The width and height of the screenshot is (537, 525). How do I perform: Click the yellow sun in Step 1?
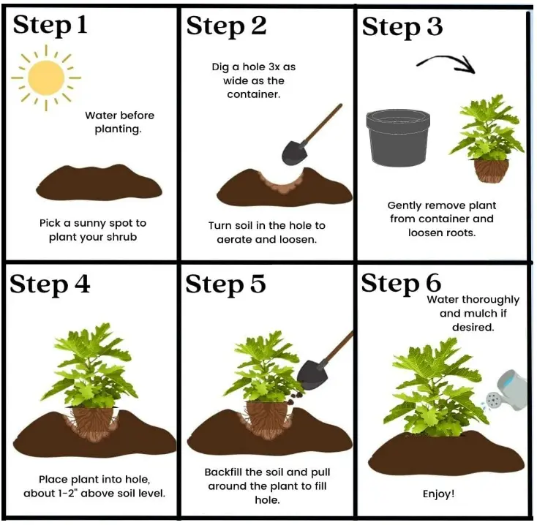pyautogui.click(x=47, y=77)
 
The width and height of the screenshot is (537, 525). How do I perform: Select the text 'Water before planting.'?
pyautogui.click(x=119, y=122)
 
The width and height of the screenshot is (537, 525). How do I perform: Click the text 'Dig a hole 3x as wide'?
pyautogui.click(x=254, y=74)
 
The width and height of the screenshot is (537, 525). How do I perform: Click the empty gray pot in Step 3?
pyautogui.click(x=397, y=137)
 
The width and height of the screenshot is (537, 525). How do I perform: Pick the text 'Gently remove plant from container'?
pyautogui.click(x=441, y=212)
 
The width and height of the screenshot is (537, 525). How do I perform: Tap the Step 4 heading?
pyautogui.click(x=50, y=284)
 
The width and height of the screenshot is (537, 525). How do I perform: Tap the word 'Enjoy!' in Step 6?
pyautogui.click(x=438, y=494)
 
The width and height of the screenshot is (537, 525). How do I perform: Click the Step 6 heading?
pyautogui.click(x=402, y=284)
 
